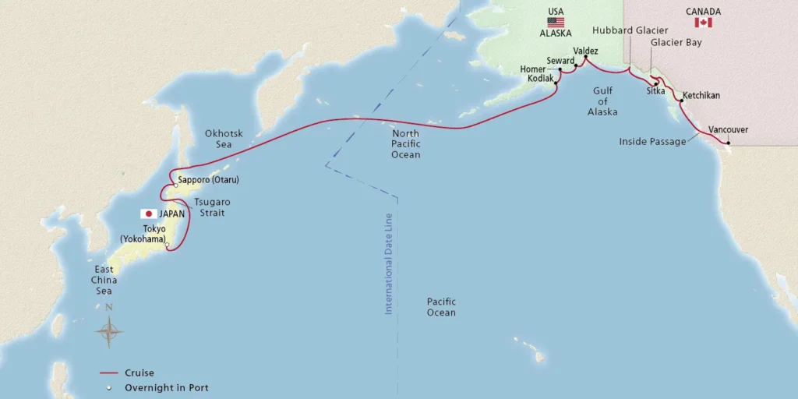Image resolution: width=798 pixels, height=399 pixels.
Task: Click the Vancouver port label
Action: tap(728, 129)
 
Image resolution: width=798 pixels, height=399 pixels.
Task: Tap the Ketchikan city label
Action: tap(701, 96)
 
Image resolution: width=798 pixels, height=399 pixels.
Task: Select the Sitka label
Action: tap(655, 91)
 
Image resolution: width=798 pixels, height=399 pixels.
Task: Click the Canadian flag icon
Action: tap(703, 23)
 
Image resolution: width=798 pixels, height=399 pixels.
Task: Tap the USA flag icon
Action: tap(556, 23)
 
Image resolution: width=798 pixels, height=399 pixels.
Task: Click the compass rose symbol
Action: tap(109, 333)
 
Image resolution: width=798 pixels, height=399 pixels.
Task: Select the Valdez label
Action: tap(585, 51)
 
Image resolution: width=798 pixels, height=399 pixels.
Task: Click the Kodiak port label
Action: tap(540, 79)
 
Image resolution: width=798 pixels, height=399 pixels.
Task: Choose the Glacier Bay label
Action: tap(676, 43)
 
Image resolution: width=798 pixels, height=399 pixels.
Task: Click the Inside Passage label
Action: tap(652, 142)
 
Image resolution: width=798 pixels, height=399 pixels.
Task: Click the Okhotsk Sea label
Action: tap(224, 139)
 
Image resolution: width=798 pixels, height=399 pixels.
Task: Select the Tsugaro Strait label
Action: tap(210, 207)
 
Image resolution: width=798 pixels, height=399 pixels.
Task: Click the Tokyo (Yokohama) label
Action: tap(143, 234)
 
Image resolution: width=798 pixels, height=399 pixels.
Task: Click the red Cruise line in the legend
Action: tap(114, 373)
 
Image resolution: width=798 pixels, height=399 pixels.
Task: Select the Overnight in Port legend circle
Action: tap(111, 387)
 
